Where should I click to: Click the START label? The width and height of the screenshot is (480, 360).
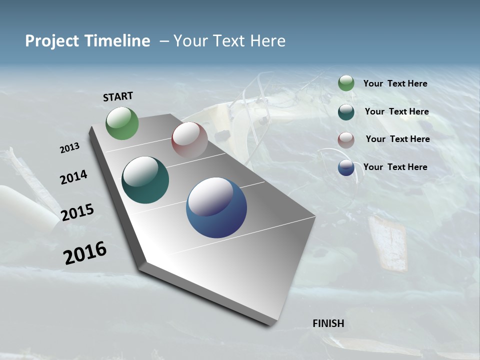pos(118,96)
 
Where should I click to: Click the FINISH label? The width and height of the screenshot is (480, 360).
pos(328,323)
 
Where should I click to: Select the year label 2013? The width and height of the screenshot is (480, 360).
pos(69,148)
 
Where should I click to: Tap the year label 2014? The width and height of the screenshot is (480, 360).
pos(73,177)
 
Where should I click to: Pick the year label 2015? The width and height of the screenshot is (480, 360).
pos(77,212)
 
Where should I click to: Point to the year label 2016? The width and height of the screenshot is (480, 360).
pos(85,253)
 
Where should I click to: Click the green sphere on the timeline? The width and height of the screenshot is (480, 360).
pos(122,123)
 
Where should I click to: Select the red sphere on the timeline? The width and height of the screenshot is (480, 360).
pos(189,140)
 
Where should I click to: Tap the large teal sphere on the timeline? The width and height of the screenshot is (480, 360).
pos(145,180)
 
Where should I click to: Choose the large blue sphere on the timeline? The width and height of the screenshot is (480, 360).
pos(216,207)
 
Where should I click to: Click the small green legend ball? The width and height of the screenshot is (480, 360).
pos(346,83)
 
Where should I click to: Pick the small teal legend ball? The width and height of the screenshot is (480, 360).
pos(346,112)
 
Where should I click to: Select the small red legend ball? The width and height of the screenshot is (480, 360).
pos(346,140)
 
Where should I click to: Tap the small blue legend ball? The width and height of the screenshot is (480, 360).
pos(346,167)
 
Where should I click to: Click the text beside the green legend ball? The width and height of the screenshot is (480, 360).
pos(395,83)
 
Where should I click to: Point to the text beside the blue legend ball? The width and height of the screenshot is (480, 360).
pos(395,167)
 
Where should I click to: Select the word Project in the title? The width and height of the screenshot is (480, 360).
pos(49,41)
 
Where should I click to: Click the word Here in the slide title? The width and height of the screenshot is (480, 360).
pos(267,41)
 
